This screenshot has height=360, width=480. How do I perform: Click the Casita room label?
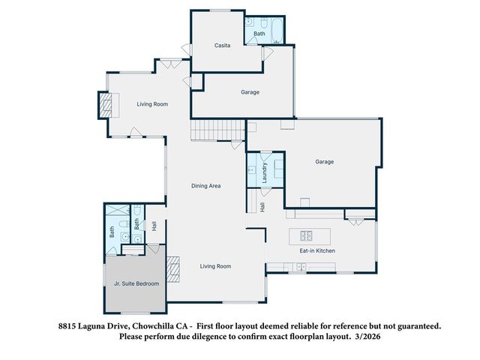pyautogui.click(x=222, y=46)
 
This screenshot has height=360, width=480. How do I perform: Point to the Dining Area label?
pyautogui.click(x=205, y=185)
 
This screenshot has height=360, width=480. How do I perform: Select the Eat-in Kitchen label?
pyautogui.click(x=317, y=250)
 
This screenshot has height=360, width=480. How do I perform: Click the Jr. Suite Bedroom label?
pyautogui.click(x=136, y=283)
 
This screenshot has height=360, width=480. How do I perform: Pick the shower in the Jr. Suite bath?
pyautogui.click(x=116, y=211)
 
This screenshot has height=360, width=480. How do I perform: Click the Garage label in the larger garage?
pyautogui.click(x=324, y=161)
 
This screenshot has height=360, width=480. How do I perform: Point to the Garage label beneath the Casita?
pyautogui.click(x=250, y=92)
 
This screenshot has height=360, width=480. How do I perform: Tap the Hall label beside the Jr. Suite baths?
pyautogui.click(x=154, y=224)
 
